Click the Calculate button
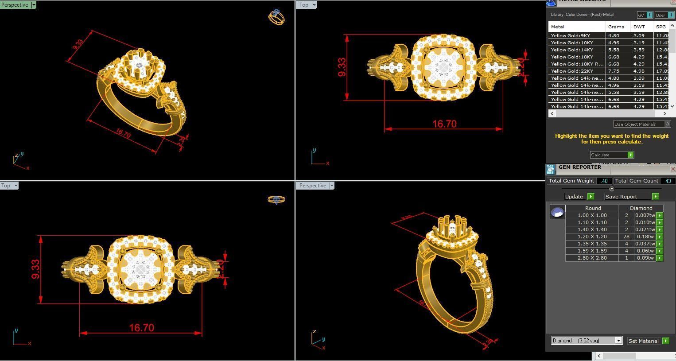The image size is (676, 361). point(611,155)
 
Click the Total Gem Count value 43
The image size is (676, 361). point(668,181)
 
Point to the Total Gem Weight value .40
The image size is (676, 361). point(604,181)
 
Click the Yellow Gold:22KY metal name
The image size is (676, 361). point(572,71)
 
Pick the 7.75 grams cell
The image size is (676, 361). point(614,71)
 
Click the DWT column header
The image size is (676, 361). point(639,27)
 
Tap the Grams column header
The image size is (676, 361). point(616,27)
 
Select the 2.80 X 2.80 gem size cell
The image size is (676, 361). point(592,258)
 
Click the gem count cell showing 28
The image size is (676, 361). point(626,237)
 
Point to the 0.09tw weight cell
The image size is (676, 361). point(645,258)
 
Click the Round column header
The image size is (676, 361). point(593,208)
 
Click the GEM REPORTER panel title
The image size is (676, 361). point(579,167)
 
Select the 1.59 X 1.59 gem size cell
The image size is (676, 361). point(592,251)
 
